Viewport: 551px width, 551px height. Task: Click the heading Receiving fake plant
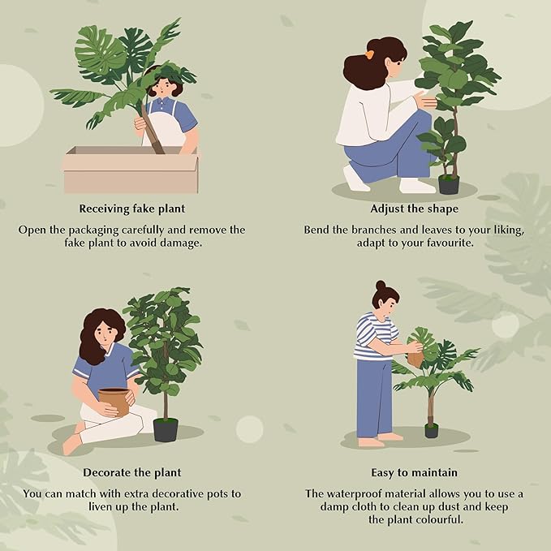click(131, 207)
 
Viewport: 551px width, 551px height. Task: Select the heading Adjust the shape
click(414, 207)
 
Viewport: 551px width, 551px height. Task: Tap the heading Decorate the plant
click(131, 471)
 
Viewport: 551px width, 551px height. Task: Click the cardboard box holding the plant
click(131, 170)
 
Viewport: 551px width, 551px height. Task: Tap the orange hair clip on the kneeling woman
click(369, 54)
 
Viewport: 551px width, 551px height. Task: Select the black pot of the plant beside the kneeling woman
click(449, 184)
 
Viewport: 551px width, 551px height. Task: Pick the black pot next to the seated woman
click(166, 429)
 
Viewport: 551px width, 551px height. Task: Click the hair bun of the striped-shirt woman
click(381, 286)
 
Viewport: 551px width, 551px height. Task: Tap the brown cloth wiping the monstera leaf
click(415, 357)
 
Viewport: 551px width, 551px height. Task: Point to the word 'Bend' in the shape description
click(319, 230)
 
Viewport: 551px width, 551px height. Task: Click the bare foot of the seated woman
click(71, 444)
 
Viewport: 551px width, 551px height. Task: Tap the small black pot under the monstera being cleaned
click(431, 430)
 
